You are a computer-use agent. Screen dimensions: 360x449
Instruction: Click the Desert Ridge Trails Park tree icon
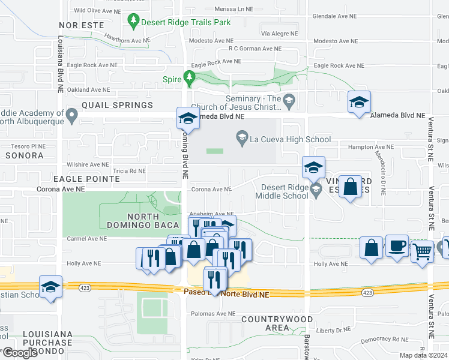(x=133, y=23)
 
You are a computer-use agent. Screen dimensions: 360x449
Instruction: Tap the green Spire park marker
(x=190, y=78)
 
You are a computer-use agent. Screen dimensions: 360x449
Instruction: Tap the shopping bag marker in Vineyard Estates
(x=351, y=187)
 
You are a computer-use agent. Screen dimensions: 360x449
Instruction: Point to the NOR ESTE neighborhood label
(x=81, y=25)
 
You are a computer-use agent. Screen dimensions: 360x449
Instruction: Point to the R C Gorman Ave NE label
(x=255, y=49)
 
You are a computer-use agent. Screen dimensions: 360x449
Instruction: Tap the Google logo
(x=19, y=353)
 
